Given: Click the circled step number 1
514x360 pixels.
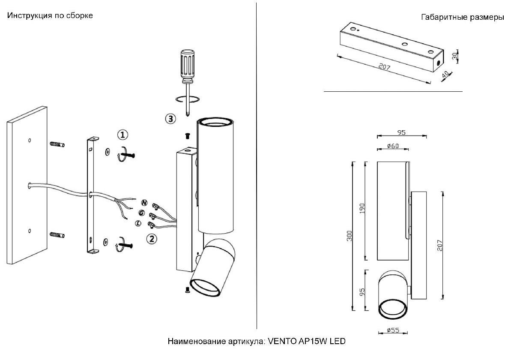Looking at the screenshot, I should pyautogui.click(x=123, y=135).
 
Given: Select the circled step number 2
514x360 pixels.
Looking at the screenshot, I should pyautogui.click(x=151, y=239).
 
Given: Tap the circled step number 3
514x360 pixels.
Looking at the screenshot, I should pyautogui.click(x=170, y=119).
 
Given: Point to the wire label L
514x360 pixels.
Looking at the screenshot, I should pyautogui.click(x=138, y=223).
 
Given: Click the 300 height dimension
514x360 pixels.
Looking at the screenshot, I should pyautogui.click(x=349, y=236).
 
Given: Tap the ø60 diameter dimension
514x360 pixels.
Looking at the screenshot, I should pyautogui.click(x=392, y=147).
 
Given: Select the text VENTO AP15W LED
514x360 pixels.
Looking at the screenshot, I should pyautogui.click(x=307, y=342).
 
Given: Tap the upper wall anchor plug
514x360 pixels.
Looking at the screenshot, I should pyautogui.click(x=57, y=144).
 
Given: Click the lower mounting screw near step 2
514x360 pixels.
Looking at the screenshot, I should pyautogui.click(x=125, y=246).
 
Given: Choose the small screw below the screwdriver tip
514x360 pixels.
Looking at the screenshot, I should pyautogui.click(x=187, y=136).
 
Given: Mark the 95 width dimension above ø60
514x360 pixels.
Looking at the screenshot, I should pyautogui.click(x=401, y=132).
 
